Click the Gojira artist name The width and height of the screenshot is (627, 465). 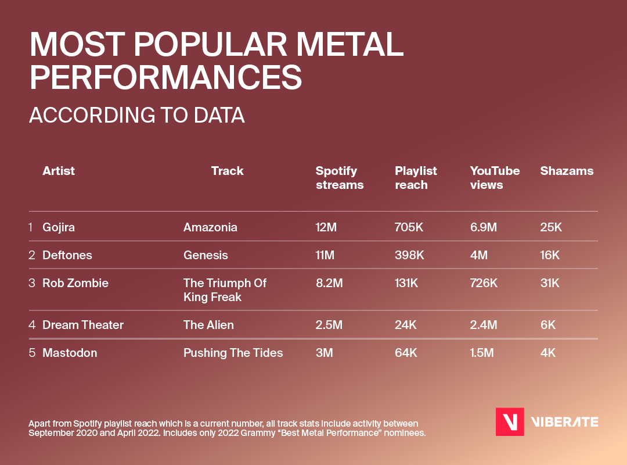coord(59,227)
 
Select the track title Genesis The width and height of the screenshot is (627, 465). coord(206,255)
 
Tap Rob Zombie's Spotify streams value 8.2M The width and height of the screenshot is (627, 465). coord(329,283)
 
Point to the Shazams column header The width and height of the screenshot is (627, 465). coord(567,171)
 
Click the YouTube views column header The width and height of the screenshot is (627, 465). coord(495,178)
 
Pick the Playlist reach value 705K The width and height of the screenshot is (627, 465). coord(409,227)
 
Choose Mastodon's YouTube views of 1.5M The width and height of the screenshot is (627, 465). coord(481,353)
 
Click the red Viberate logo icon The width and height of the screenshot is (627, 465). coord(510,422)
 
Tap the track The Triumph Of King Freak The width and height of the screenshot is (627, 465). coord(225,290)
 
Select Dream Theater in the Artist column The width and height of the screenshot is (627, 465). coord(83,325)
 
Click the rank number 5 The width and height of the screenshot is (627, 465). coord(32,353)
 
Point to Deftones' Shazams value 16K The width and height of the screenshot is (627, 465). coord(551,255)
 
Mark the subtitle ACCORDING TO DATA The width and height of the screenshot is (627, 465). coord(136,115)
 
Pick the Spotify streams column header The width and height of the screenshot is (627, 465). coord(339,178)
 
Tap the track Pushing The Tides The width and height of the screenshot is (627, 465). coord(233,353)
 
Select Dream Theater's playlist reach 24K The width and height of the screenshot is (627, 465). coord(406,325)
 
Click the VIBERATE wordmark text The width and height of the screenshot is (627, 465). coord(565,422)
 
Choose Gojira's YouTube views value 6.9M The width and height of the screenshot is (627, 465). coord(483,227)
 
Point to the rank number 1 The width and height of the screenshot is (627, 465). coord(31,227)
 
